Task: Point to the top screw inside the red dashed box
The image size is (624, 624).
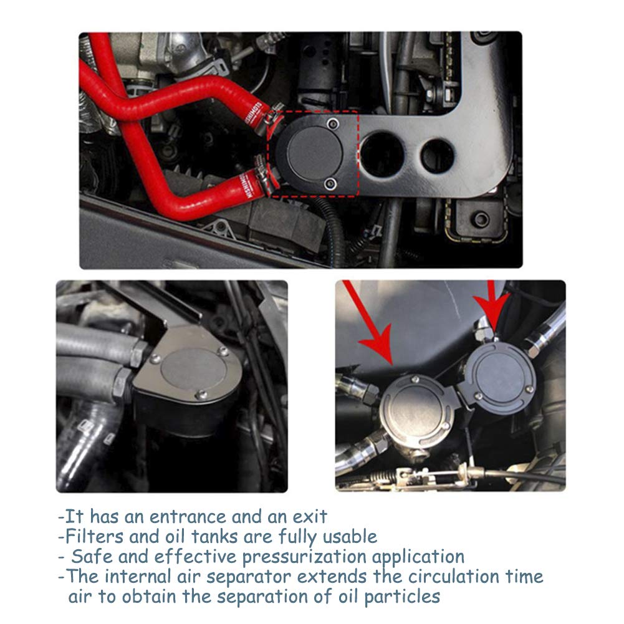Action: pos(332,123)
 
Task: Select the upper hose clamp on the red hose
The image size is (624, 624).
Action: pos(266,115)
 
